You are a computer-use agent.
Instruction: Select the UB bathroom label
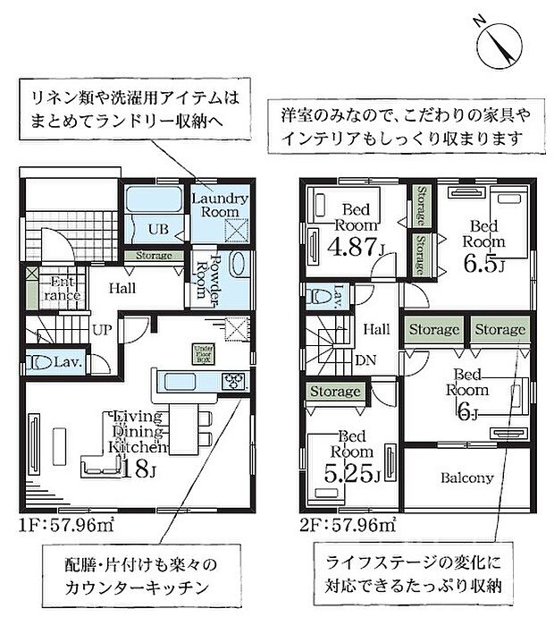157,229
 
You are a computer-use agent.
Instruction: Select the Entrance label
63,289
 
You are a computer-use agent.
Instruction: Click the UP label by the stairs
102,329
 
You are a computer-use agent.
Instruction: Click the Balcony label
466,478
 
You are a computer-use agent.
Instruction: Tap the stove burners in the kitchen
235,381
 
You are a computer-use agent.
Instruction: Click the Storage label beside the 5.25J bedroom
336,392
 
